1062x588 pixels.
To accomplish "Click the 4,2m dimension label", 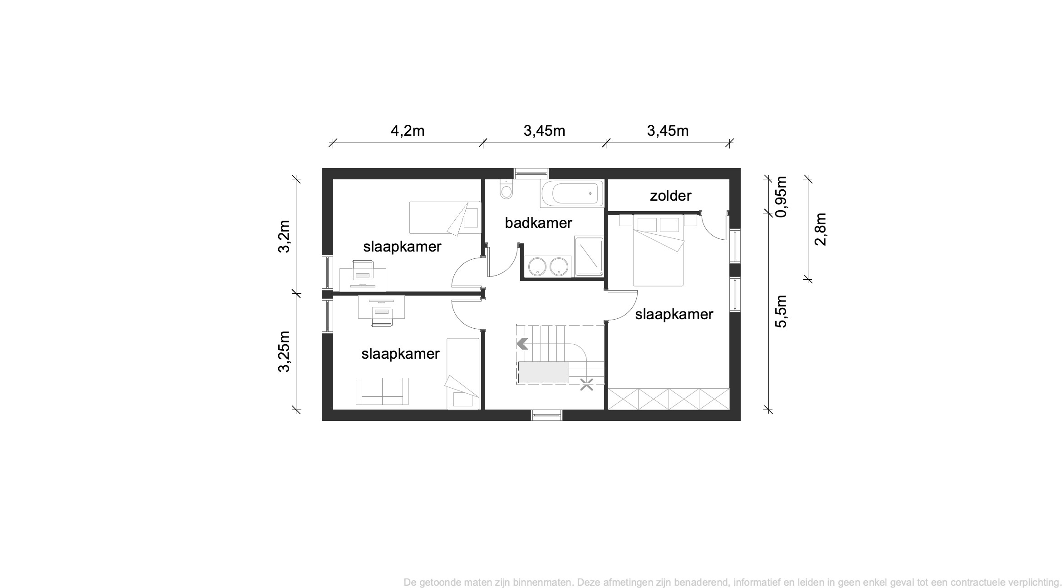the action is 408,131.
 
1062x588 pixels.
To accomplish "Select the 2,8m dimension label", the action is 821,229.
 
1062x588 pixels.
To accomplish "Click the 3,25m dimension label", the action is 284,351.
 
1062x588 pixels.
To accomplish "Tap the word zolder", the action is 670,196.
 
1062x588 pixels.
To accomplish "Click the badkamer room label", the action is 538,223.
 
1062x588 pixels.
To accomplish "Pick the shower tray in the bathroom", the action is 589,256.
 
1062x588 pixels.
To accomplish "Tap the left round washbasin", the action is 537,266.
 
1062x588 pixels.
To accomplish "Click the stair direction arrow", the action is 522,344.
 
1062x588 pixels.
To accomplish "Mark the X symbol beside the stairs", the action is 587,385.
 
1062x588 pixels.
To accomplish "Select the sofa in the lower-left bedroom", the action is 382,391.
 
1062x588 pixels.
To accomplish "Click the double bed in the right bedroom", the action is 658,251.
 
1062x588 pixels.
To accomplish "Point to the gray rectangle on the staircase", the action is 544,372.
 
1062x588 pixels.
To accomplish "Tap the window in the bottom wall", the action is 546,415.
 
